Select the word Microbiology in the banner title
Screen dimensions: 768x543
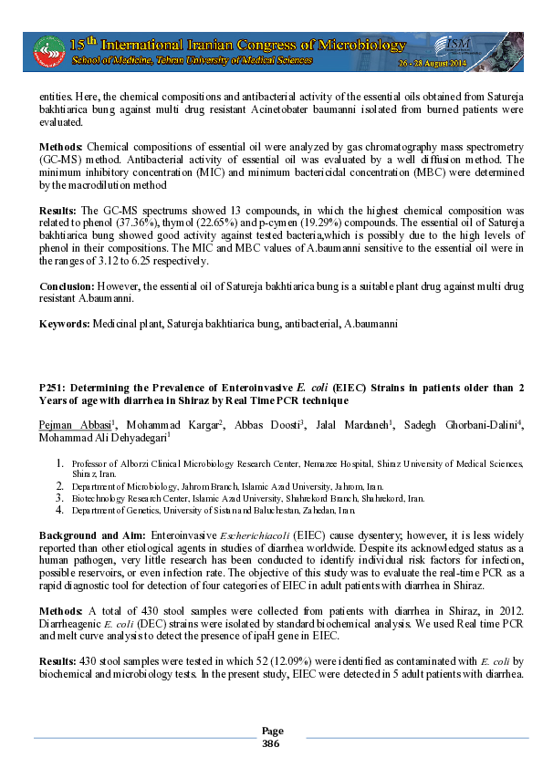click(x=353, y=44)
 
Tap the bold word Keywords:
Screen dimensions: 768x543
click(x=64, y=324)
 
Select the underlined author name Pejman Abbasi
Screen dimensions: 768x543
click(x=75, y=425)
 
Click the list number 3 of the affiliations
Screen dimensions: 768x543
click(x=60, y=499)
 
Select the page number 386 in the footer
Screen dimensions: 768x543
click(x=271, y=743)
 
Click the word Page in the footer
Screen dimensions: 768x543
click(x=272, y=731)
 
